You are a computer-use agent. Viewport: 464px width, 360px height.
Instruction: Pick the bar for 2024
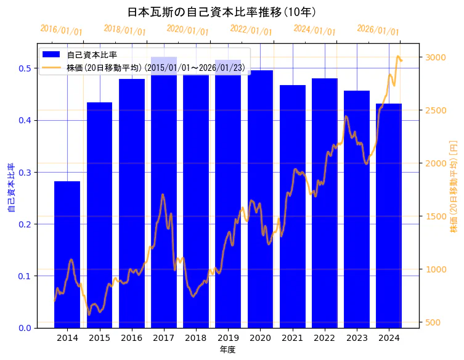point(389,216)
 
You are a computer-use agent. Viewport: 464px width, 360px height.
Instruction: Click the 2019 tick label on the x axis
point(228,338)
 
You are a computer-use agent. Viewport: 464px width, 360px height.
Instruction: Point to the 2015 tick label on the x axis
point(99,338)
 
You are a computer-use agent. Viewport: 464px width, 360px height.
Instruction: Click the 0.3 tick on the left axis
point(24,173)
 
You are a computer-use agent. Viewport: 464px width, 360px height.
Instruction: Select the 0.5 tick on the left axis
point(24,68)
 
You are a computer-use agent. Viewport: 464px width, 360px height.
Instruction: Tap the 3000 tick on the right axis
point(435,57)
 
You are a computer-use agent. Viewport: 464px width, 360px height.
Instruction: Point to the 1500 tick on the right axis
point(435,216)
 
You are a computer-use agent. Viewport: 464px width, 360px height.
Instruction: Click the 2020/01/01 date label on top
point(188,30)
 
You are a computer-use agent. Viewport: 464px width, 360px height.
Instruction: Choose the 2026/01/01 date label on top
point(378,30)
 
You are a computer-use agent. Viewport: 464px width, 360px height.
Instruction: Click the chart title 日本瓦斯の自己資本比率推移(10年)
point(222,12)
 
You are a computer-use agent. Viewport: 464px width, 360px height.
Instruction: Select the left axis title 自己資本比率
point(10,188)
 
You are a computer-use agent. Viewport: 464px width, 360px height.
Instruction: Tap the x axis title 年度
point(228,350)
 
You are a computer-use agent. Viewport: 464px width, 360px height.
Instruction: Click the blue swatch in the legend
point(52,55)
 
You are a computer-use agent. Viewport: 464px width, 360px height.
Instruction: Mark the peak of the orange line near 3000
point(398,57)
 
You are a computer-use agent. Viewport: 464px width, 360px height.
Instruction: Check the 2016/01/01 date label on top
point(61,30)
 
